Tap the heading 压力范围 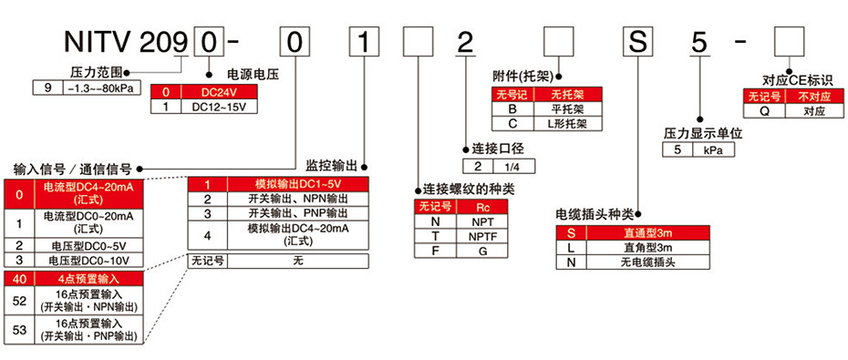(x=94, y=71)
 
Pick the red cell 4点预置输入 (x=88, y=278)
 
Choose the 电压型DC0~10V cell (x=88, y=261)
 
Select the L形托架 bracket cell (x=566, y=122)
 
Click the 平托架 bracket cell (x=566, y=108)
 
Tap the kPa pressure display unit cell (x=714, y=150)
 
